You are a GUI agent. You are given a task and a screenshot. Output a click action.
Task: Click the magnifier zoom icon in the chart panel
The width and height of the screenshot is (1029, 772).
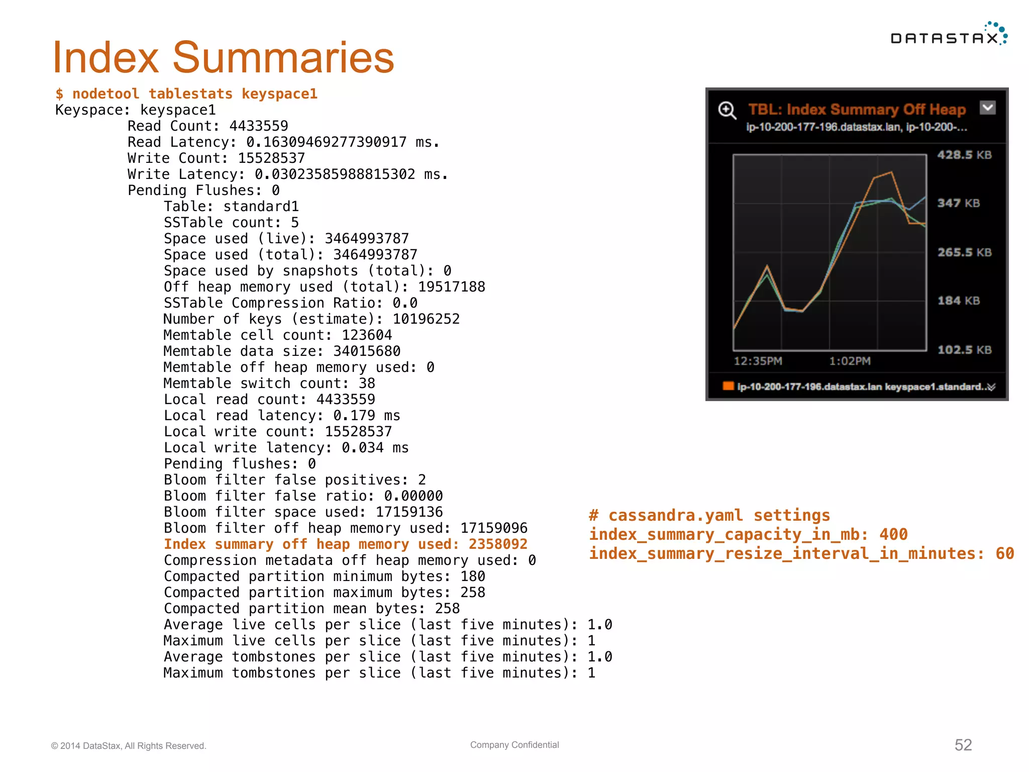pos(727,110)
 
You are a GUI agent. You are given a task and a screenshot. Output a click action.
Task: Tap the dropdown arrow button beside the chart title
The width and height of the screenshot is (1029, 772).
pos(987,108)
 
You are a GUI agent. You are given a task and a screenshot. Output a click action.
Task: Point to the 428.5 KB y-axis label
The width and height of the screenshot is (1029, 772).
pos(964,155)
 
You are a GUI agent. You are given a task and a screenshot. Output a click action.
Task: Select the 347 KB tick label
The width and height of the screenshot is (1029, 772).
pos(958,203)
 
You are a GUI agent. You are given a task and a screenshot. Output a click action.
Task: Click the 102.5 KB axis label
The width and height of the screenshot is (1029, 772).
pos(964,350)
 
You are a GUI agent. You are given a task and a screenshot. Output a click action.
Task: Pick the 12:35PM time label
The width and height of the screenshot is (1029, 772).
pos(758,361)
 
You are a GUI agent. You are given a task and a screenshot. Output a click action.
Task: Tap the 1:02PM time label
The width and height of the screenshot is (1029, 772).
pos(850,361)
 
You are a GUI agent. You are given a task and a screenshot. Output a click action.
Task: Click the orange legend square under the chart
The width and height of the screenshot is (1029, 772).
pos(728,386)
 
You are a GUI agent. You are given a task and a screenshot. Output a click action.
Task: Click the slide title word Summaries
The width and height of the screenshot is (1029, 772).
pos(283,57)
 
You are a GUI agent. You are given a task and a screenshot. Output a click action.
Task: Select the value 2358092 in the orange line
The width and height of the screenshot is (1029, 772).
pos(497,544)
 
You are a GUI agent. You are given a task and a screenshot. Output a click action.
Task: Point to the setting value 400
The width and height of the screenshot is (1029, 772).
pos(893,534)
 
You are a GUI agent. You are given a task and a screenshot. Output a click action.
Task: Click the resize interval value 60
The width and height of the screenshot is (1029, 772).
pos(1004,553)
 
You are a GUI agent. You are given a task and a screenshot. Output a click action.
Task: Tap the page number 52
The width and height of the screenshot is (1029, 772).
pos(963,745)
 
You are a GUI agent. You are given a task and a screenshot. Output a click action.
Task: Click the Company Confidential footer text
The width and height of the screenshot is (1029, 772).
pos(514,745)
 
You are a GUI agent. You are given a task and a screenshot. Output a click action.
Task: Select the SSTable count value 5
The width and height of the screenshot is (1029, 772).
pos(294,223)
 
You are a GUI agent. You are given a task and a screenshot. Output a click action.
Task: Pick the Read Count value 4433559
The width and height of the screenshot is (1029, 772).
pos(258,126)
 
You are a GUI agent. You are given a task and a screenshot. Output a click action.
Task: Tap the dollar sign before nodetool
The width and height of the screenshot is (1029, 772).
pos(59,94)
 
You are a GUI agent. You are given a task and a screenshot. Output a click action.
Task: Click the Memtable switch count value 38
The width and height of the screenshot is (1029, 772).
pos(367,383)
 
